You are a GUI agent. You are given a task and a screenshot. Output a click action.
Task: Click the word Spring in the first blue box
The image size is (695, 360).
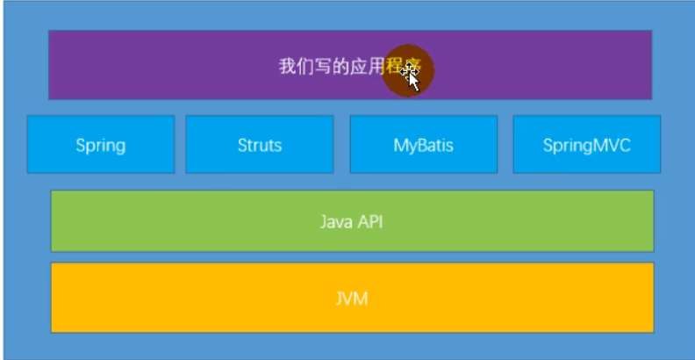tap(100, 145)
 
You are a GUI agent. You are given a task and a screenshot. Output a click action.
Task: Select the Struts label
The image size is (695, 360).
tap(260, 145)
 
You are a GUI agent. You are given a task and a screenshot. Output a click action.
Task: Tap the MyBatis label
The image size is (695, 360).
tap(423, 145)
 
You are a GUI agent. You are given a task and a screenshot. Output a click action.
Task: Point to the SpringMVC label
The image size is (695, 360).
tap(586, 145)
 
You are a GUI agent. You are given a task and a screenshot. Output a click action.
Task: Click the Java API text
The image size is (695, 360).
tap(351, 221)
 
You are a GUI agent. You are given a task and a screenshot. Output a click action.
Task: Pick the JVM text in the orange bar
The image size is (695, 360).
tap(351, 299)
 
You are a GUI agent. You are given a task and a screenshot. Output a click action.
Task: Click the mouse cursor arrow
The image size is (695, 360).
tap(411, 76)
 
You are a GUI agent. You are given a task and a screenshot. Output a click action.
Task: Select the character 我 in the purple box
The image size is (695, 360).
tap(287, 67)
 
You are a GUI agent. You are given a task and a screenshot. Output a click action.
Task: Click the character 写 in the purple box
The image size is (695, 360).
tap(322, 67)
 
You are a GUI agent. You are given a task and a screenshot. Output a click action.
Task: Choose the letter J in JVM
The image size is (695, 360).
tap(339, 299)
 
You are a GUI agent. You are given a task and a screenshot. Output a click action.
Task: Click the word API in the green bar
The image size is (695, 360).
tap(369, 221)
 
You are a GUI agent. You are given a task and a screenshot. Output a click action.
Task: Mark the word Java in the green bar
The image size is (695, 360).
tap(334, 221)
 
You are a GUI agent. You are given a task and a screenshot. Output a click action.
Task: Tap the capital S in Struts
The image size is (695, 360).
tap(242, 145)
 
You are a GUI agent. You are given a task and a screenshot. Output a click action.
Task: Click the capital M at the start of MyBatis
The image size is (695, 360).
tap(400, 145)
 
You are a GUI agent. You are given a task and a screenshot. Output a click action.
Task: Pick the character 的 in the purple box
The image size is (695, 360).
tap(340, 67)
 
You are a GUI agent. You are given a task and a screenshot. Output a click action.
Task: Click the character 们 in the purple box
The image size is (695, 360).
tap(305, 67)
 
